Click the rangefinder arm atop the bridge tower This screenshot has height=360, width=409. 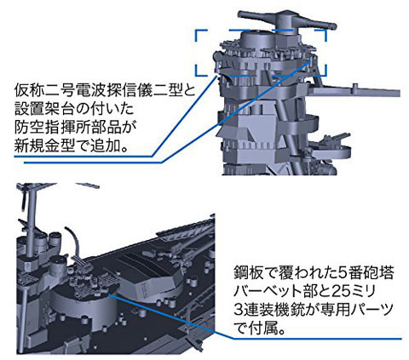(287, 20)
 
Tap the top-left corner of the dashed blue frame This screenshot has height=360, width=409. (195, 29)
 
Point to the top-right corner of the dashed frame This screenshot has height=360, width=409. (326, 29)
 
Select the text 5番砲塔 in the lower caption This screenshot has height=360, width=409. (366, 272)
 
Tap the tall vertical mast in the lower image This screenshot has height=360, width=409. (33, 215)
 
